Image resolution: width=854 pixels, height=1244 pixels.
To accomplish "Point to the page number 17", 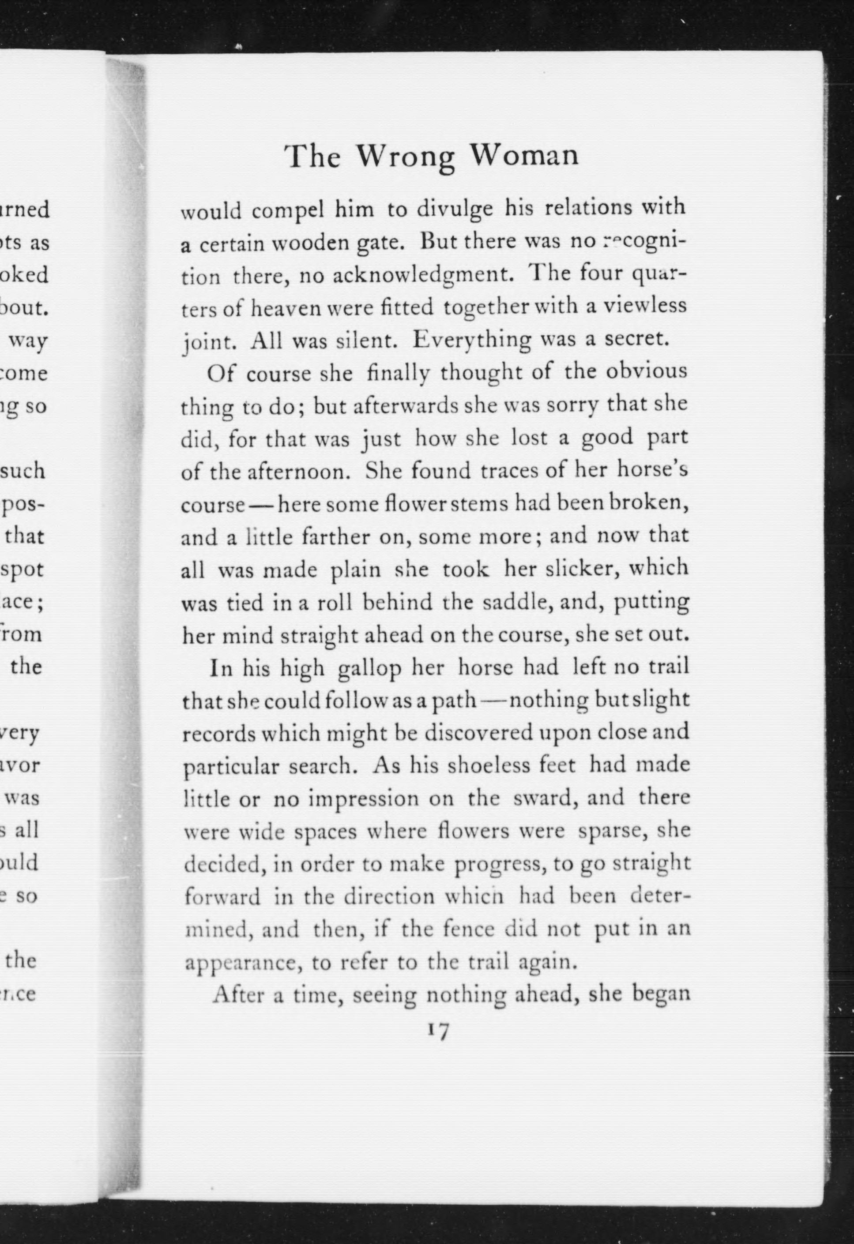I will (438, 1030).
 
